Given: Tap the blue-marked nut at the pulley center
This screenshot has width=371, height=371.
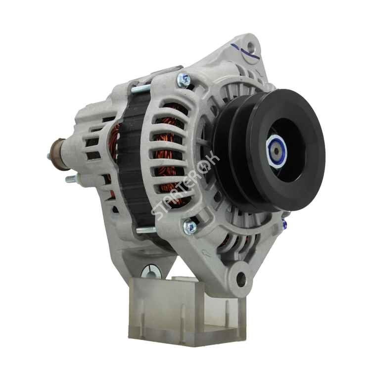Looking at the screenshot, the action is (x=277, y=151).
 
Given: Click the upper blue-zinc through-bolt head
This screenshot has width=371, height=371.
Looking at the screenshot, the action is (x=184, y=79).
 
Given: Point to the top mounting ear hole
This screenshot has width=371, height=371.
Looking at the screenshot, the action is (x=250, y=45).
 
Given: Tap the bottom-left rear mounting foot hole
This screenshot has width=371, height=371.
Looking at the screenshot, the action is (x=151, y=272).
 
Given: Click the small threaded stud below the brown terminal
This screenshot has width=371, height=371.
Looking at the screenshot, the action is (x=71, y=179).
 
